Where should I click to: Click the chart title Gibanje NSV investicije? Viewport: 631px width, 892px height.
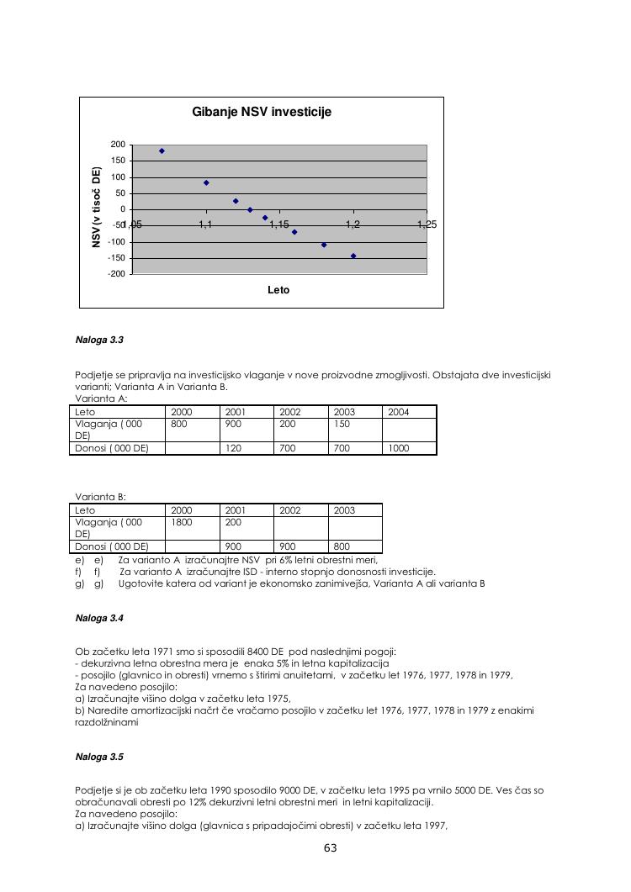pyautogui.click(x=262, y=112)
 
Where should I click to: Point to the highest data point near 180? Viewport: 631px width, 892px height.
pyautogui.click(x=162, y=151)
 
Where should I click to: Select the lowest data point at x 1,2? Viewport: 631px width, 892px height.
pyautogui.click(x=353, y=256)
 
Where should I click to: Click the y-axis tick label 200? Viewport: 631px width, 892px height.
pyautogui.click(x=118, y=145)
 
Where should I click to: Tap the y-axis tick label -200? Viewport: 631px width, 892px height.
pyautogui.click(x=117, y=274)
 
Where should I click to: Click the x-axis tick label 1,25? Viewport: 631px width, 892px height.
pyautogui.click(x=427, y=225)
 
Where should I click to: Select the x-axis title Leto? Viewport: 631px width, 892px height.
pyautogui.click(x=278, y=290)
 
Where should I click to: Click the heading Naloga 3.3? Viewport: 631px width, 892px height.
pyautogui.click(x=99, y=340)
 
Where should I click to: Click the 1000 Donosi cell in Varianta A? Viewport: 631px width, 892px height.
pyautogui.click(x=399, y=448)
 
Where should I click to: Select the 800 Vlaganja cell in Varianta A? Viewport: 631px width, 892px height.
pyautogui.click(x=179, y=425)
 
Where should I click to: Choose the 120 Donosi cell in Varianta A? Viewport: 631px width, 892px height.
pyautogui.click(x=233, y=448)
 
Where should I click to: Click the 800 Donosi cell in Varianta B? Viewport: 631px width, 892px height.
pyautogui.click(x=344, y=546)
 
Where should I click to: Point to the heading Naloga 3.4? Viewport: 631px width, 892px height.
pyautogui.click(x=99, y=618)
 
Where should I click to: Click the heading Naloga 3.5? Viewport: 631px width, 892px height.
pyautogui.click(x=99, y=757)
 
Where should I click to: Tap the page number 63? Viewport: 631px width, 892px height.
pyautogui.click(x=330, y=847)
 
